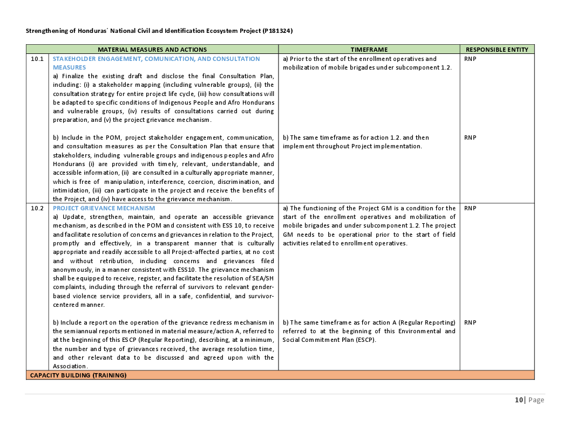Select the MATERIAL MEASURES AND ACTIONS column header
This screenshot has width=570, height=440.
click(x=152, y=49)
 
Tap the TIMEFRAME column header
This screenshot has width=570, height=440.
click(x=369, y=49)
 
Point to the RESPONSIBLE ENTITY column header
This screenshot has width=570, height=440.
click(x=497, y=49)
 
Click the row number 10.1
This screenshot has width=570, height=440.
click(x=37, y=59)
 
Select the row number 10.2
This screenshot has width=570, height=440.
click(x=37, y=208)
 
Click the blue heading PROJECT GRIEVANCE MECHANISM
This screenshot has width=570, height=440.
click(x=104, y=208)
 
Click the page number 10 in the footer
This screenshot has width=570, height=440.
click(x=519, y=400)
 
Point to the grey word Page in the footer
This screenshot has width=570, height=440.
click(x=536, y=400)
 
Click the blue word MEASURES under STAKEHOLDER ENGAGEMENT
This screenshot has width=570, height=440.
click(x=69, y=67)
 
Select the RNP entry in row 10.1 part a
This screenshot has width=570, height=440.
click(x=470, y=59)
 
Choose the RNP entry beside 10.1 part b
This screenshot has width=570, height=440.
click(x=470, y=137)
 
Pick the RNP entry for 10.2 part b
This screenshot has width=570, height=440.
click(x=470, y=322)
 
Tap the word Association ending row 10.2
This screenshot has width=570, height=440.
click(x=71, y=366)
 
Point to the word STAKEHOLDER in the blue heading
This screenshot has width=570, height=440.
click(x=74, y=59)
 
